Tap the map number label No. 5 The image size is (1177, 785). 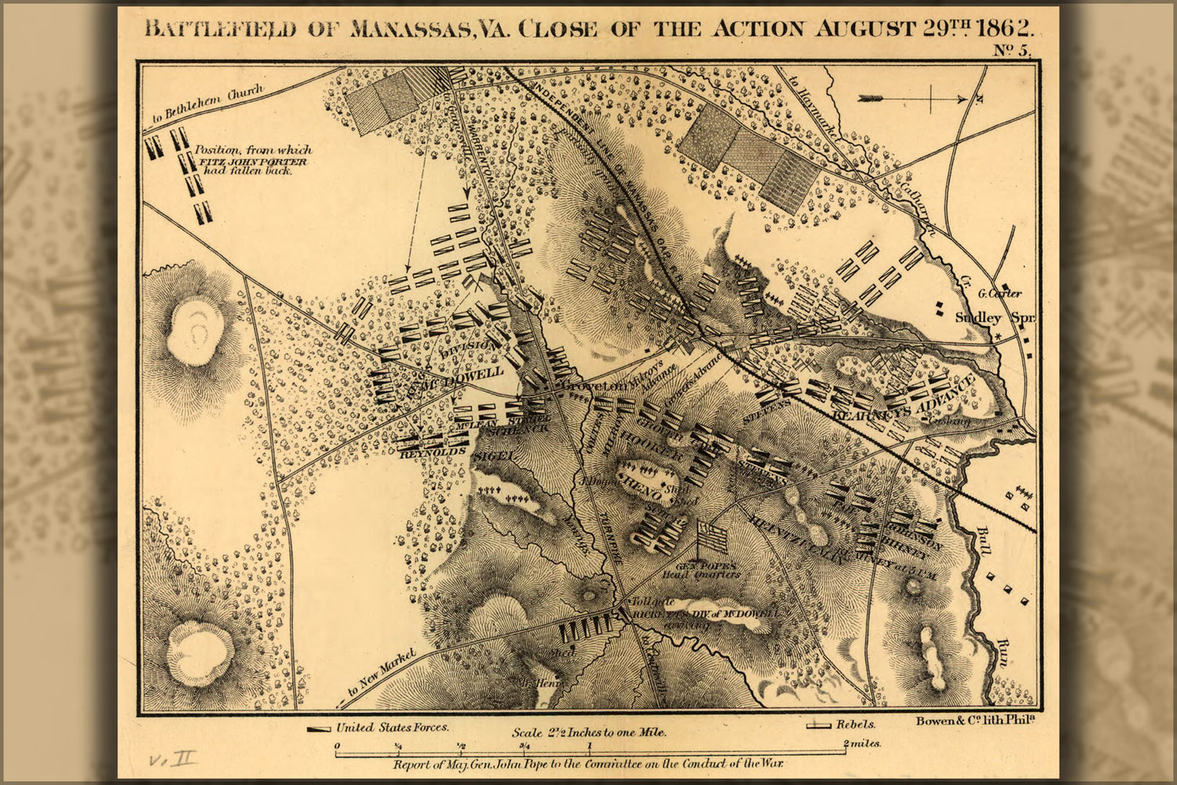tap(1012, 51)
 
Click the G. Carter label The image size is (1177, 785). tap(1000, 294)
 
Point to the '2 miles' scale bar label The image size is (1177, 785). tap(861, 743)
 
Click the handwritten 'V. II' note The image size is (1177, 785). tap(173, 758)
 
